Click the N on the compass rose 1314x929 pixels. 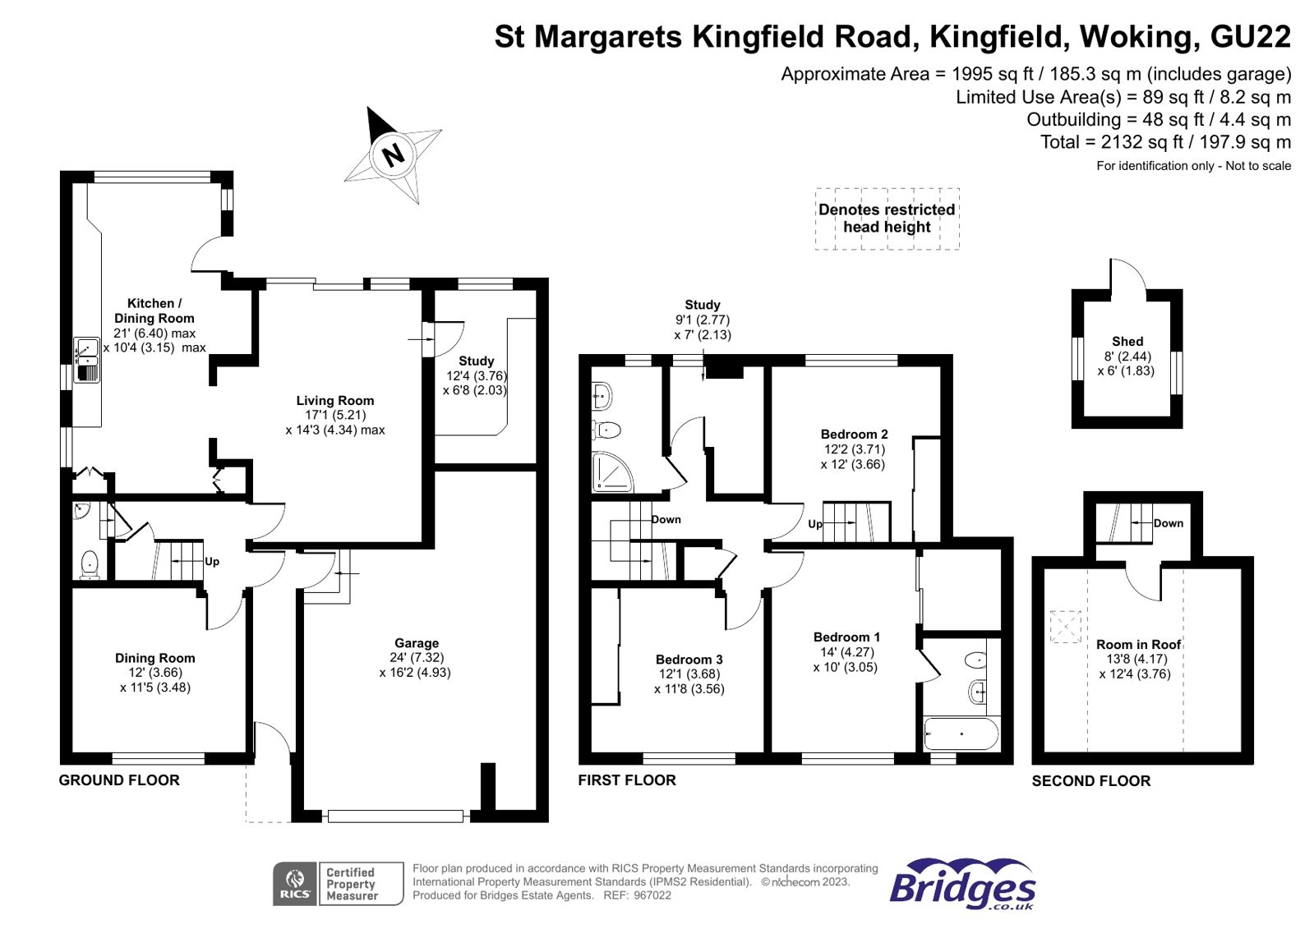pos(394,154)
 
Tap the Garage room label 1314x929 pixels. pos(417,643)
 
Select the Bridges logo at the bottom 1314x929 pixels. pos(962,884)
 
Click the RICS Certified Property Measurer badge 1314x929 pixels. pos(338,884)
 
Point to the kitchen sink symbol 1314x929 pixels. pos(87,361)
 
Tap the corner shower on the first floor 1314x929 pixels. pos(611,472)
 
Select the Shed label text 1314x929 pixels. pos(1127,342)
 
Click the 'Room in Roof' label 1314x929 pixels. pos(1138,645)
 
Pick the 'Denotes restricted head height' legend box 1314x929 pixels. pos(887,218)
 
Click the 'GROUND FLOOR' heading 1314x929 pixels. pos(119,780)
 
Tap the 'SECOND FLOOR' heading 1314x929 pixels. pos(1090,781)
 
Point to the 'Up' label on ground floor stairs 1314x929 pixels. pos(212,562)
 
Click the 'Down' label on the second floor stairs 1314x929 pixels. pos(1168,523)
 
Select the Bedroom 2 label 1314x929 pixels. pos(854,435)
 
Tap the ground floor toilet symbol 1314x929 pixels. pos(90,564)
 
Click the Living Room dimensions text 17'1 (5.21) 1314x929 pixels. pos(335,415)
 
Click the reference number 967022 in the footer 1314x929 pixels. pos(652,895)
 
